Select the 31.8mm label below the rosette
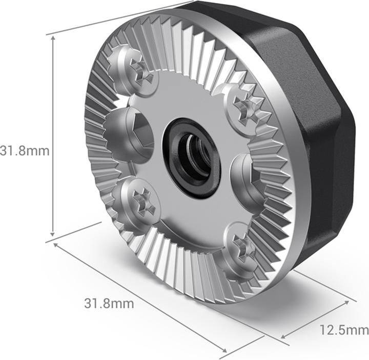pos(109,303)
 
